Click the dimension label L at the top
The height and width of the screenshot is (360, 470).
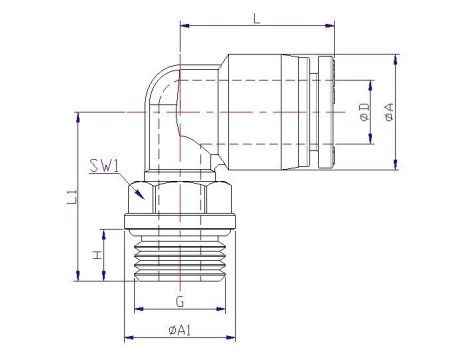pos(257,19)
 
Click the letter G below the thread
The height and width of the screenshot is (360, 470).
pos(179,300)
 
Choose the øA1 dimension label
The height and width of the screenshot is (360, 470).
pos(180,330)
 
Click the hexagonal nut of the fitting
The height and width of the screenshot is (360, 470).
pos(180,197)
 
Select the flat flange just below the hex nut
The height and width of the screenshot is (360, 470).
pos(180,224)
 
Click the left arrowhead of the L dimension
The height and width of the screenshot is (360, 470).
pos(184,30)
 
